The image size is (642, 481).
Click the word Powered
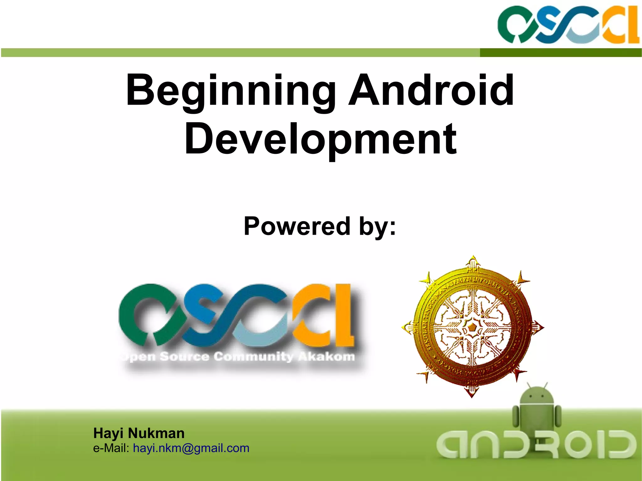click(x=297, y=226)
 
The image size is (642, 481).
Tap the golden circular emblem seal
click(x=472, y=327)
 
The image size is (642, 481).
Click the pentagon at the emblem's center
click(x=472, y=328)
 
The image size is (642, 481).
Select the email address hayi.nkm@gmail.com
click(x=191, y=448)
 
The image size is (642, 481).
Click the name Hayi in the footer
click(x=108, y=433)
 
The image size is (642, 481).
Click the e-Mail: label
click(x=111, y=448)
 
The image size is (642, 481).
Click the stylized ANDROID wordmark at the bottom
click(x=536, y=444)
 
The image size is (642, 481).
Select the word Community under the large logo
click(x=253, y=357)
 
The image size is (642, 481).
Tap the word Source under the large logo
click(x=184, y=357)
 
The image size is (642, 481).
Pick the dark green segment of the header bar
click(x=560, y=53)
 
